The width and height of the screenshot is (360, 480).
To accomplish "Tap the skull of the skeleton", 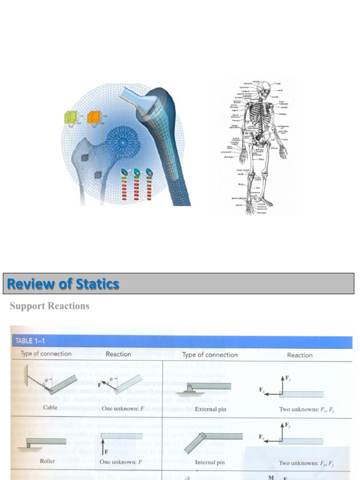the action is [266, 88].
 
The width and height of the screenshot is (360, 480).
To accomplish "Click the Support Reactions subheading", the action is [50, 306].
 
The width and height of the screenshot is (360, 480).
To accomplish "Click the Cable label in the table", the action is [50, 407].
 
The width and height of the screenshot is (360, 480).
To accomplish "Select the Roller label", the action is [47, 461].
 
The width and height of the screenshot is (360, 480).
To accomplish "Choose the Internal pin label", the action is [210, 462].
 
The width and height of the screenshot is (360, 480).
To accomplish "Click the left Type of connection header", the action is [46, 354].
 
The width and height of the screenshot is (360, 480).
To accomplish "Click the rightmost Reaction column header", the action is [300, 355].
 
